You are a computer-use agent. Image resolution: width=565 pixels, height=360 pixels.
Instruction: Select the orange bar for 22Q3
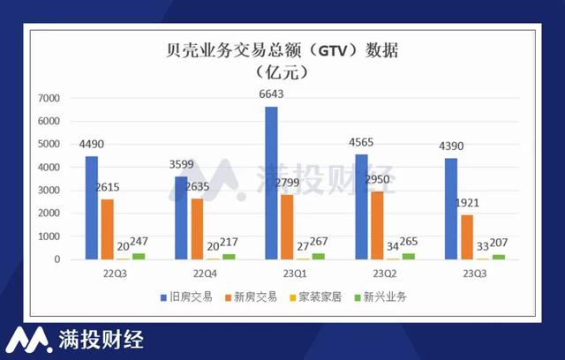coord(108,229)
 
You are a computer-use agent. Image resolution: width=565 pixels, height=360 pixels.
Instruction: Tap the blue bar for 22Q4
coord(181,218)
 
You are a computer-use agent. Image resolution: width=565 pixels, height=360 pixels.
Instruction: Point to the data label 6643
coord(271,95)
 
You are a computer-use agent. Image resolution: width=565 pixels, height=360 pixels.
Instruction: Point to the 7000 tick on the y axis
coord(50,98)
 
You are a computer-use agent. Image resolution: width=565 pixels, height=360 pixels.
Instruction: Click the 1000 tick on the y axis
coord(50,236)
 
